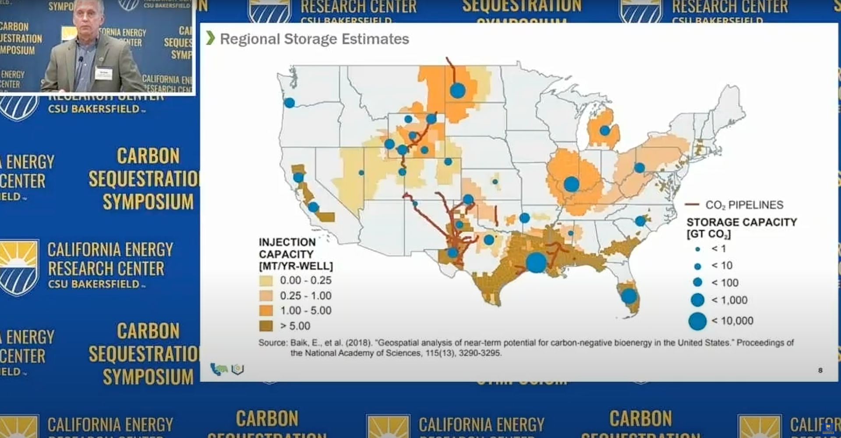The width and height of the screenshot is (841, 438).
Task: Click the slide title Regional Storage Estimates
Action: (314, 39)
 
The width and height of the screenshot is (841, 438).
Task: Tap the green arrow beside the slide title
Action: (211, 39)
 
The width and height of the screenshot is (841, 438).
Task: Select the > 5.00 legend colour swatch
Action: (266, 326)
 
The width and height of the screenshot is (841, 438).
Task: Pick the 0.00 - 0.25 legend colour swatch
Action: (266, 280)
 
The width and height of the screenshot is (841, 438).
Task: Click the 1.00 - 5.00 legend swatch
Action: (266, 311)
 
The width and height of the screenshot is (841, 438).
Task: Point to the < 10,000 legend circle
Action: (697, 321)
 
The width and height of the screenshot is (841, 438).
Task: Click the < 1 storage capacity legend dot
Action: (698, 249)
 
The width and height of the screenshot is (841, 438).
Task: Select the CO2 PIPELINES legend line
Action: (692, 205)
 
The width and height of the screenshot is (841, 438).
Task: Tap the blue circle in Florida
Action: (629, 296)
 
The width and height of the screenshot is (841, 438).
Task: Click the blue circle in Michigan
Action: (605, 131)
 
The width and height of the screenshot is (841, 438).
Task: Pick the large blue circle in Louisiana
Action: (536, 262)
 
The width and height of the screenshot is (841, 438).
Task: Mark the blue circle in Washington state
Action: (290, 103)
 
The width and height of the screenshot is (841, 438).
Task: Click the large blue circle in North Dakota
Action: (458, 91)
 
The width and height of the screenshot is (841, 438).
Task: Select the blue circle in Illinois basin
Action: (571, 184)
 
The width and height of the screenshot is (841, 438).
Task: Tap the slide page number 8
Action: (820, 371)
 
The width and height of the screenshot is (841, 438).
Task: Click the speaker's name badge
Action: (103, 73)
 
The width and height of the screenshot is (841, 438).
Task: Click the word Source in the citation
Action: (272, 343)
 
